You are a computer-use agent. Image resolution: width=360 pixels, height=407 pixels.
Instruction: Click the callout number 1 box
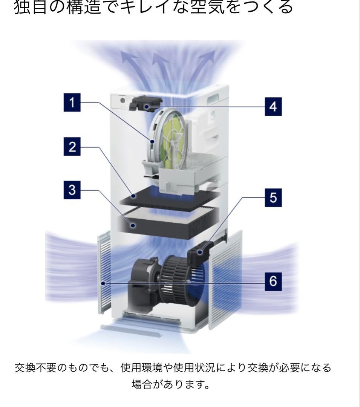72,102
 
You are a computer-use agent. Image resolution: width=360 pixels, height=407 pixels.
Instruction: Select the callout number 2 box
72,147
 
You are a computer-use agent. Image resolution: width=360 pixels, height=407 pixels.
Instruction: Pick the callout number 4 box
273,107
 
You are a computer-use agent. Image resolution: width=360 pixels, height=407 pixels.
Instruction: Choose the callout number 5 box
273,197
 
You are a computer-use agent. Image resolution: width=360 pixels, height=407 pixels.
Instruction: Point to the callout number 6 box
273,282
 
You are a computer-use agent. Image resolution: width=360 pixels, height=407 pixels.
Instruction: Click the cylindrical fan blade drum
181,277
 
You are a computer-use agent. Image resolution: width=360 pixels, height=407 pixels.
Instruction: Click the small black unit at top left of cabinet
145,103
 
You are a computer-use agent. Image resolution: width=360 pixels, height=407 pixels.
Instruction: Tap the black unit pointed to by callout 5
198,253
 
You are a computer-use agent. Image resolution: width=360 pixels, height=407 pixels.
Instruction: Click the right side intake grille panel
225,279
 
